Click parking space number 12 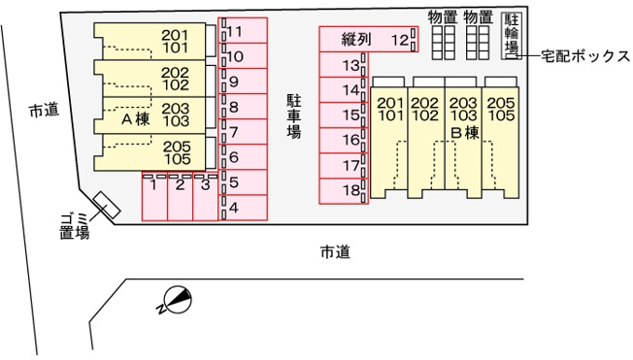368,39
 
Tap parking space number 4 243,208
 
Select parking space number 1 154,196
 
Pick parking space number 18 344,191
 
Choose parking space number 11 243,30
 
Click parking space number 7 243,132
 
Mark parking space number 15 344,115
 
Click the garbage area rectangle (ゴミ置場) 107,205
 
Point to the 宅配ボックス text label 585,56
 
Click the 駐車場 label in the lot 294,116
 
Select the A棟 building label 136,119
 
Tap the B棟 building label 465,133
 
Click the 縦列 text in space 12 356,39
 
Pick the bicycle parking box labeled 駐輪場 512,36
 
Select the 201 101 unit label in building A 175,42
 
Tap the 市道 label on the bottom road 335,252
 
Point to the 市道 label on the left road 44,110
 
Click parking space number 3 206,196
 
